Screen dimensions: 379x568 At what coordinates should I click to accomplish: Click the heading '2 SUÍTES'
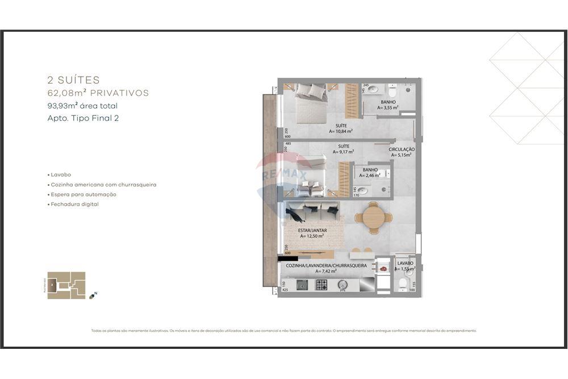73,80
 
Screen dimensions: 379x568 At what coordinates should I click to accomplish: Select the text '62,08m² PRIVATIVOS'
98,93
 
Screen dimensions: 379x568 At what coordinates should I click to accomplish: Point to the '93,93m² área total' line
83,106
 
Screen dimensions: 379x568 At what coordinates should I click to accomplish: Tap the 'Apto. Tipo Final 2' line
83,118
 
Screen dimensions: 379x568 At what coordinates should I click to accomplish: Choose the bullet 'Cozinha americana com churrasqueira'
102,185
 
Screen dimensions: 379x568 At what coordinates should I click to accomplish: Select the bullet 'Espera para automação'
83,194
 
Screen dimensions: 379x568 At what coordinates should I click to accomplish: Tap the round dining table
373,216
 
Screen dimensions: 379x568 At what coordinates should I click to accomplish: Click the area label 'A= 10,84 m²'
341,131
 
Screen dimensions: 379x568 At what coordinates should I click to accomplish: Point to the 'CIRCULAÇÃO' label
402,149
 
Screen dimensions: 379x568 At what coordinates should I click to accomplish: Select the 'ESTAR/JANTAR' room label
312,230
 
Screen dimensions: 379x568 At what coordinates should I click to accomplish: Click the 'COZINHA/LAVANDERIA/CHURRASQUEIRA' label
326,265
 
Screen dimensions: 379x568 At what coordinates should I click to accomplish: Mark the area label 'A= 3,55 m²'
389,107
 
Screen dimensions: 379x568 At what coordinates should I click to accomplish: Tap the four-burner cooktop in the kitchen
321,285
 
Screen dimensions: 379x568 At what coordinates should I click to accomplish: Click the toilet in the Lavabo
403,282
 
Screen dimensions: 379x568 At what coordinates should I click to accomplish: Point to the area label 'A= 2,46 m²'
370,176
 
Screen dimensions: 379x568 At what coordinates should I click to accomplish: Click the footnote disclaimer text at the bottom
283,331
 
